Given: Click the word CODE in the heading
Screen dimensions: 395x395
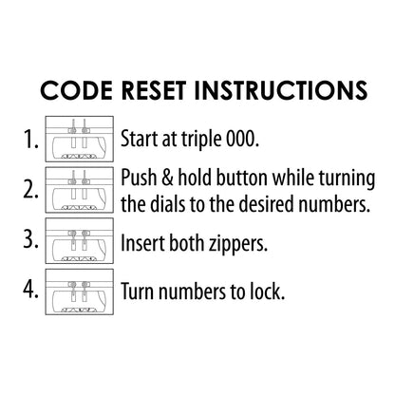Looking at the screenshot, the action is tap(77, 90).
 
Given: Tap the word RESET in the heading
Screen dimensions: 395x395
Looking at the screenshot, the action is tap(153, 90).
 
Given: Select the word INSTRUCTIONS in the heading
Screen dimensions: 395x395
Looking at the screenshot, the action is tap(281, 90).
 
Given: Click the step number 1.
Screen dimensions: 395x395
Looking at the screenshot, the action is tap(31, 140).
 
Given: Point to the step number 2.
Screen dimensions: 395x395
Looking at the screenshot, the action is tap(31, 190).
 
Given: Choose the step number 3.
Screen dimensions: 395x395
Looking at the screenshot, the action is tap(31, 239).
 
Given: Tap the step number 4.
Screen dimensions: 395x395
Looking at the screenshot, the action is tap(31, 289).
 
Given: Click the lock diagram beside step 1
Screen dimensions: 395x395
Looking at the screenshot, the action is tap(80, 139).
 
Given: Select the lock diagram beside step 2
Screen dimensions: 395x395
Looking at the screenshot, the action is tap(80, 190).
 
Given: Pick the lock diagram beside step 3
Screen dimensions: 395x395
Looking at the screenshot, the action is tap(80, 240).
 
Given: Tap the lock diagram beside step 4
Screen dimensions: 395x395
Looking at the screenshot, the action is tap(80, 292).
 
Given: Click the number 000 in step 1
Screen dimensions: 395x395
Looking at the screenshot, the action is tap(241, 139).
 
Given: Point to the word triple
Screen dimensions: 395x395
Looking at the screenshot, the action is tap(200, 140).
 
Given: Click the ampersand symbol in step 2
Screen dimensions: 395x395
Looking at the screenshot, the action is tap(168, 178).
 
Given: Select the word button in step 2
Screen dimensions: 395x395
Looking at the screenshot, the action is tap(242, 178).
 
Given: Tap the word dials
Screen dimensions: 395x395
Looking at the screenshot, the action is tap(167, 204).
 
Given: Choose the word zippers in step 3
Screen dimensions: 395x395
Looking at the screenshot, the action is tap(238, 244).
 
